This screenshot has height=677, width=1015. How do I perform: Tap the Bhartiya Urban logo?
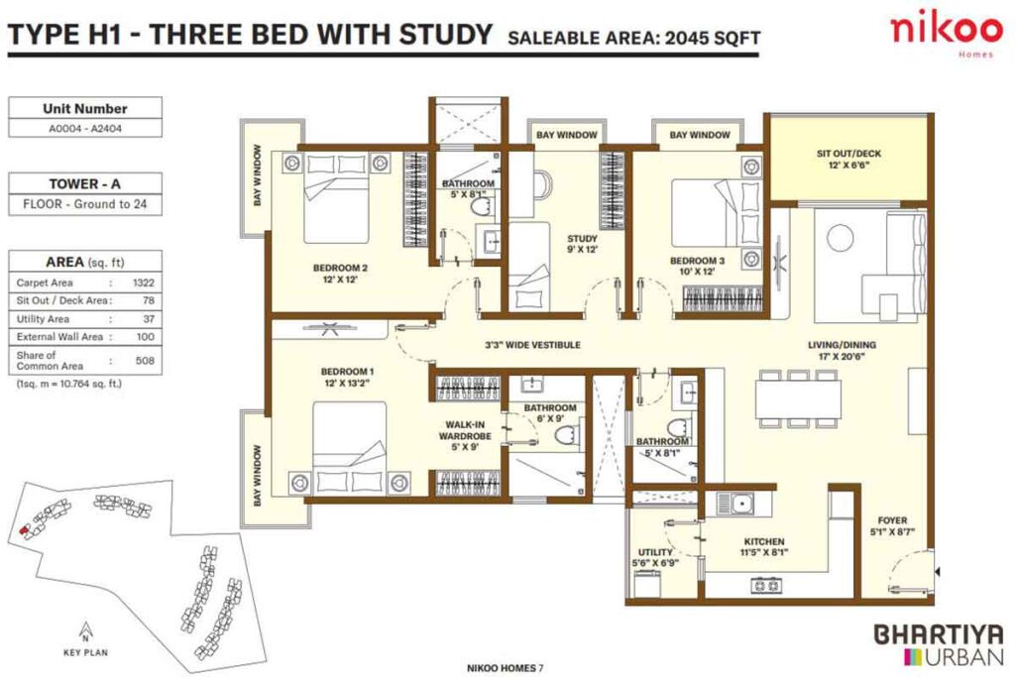tap(938, 642)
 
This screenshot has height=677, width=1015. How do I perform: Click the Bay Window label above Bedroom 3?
tap(699, 135)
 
